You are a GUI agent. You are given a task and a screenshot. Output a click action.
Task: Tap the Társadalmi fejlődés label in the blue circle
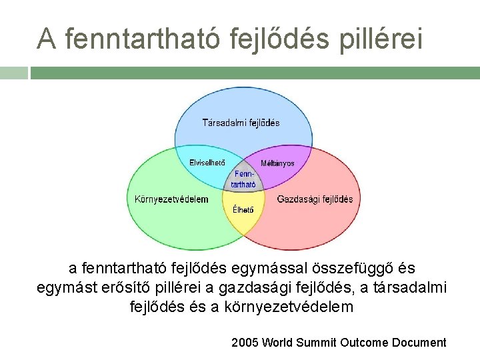click(241, 123)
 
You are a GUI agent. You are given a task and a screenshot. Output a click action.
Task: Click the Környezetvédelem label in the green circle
click(171, 199)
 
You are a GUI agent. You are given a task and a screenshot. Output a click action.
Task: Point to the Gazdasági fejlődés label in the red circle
click(315, 199)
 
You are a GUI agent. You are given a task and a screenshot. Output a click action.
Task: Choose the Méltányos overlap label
click(277, 163)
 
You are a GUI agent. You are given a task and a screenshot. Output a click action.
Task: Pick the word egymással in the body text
click(263, 269)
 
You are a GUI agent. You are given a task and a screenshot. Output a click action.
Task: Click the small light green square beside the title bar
click(13, 73)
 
